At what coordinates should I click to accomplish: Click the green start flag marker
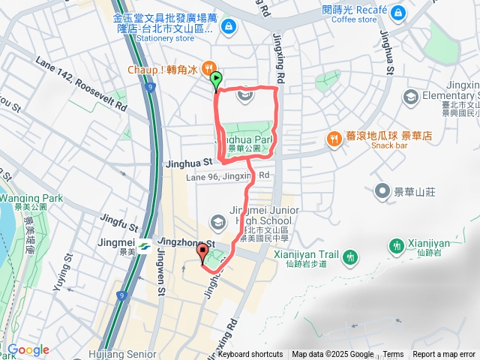tap(217, 77)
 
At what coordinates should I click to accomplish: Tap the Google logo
tap(28, 349)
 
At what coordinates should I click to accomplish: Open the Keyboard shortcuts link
tap(250, 355)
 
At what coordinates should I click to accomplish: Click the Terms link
tap(393, 355)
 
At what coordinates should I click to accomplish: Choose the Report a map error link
tap(443, 355)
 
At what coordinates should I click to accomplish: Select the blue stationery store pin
tap(228, 28)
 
